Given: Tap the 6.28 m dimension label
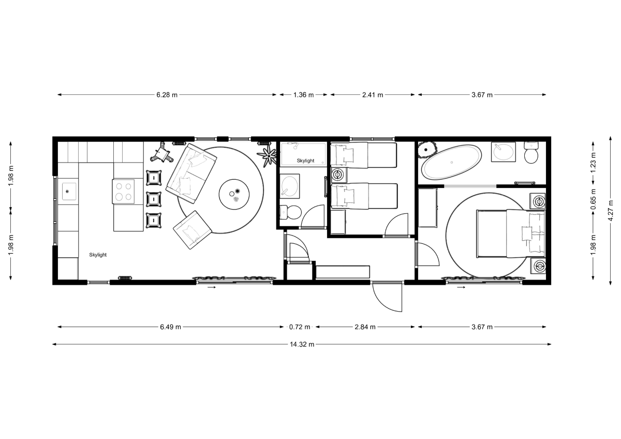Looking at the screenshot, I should [167, 95].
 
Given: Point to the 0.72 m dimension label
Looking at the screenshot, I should [300, 327].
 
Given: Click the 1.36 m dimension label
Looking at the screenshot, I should [303, 95].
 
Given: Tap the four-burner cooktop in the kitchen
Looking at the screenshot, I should [124, 190].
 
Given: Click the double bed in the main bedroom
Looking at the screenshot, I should [510, 233].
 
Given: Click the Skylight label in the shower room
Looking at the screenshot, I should [305, 160].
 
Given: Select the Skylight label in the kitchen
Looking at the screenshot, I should [98, 255].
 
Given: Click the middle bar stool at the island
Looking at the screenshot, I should [154, 199].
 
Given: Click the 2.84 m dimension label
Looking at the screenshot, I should [365, 327].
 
